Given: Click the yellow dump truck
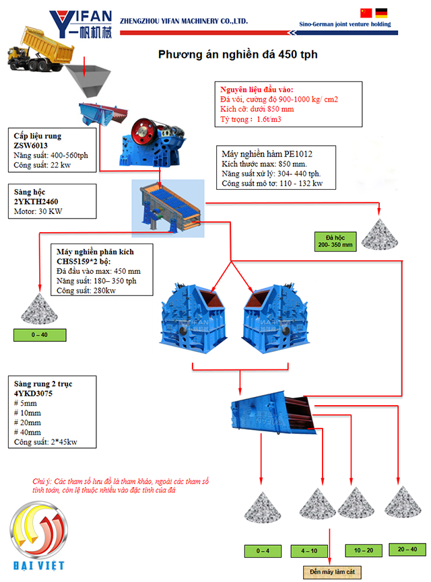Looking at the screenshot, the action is click(40, 50).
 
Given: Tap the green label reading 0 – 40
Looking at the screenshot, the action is click(40, 335).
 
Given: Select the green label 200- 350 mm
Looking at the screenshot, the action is click(335, 242).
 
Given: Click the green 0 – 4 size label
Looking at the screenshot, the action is click(263, 551).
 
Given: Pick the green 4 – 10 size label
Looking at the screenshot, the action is click(309, 551).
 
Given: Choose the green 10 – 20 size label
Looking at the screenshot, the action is click(364, 550).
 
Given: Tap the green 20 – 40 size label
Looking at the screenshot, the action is click(407, 549).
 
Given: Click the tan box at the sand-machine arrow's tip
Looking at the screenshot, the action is click(332, 572).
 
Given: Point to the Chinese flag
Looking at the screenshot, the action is click(366, 13).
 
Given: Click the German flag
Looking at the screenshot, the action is click(381, 13).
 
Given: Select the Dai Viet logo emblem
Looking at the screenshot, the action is click(39, 530).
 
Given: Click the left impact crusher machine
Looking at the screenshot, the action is click(193, 318).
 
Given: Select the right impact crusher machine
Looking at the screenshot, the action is click(275, 318).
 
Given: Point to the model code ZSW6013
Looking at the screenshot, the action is click(30, 145).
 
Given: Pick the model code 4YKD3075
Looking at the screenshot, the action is click(33, 394).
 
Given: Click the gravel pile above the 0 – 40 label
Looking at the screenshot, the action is click(39, 309).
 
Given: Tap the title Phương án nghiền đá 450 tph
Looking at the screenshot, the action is click(238, 54).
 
